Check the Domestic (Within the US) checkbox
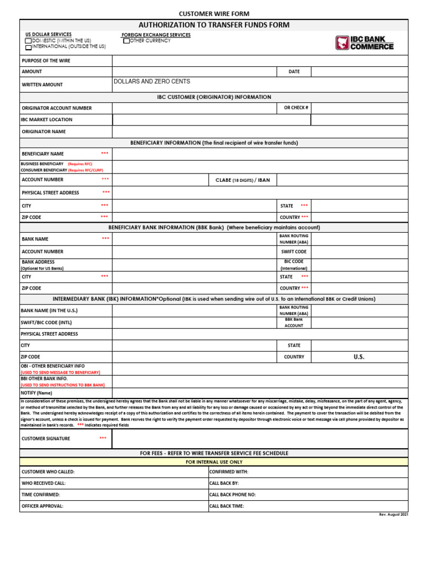[28, 41]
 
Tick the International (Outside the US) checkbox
[28, 48]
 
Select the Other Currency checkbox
[126, 41]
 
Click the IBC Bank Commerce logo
[364, 43]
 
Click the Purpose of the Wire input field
[259, 61]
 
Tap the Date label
[294, 72]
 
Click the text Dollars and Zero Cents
[151, 82]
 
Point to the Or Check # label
[296, 108]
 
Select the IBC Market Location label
[47, 119]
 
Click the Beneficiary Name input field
[259, 154]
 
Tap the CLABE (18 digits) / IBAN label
[243, 180]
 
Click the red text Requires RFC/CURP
[85, 170]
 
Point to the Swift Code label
[294, 251]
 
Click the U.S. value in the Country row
[359, 357]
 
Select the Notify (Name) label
[37, 393]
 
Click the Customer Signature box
[259, 439]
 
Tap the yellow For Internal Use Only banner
[214, 462]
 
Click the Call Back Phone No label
[232, 495]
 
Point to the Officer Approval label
[43, 506]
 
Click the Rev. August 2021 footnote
[393, 515]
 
